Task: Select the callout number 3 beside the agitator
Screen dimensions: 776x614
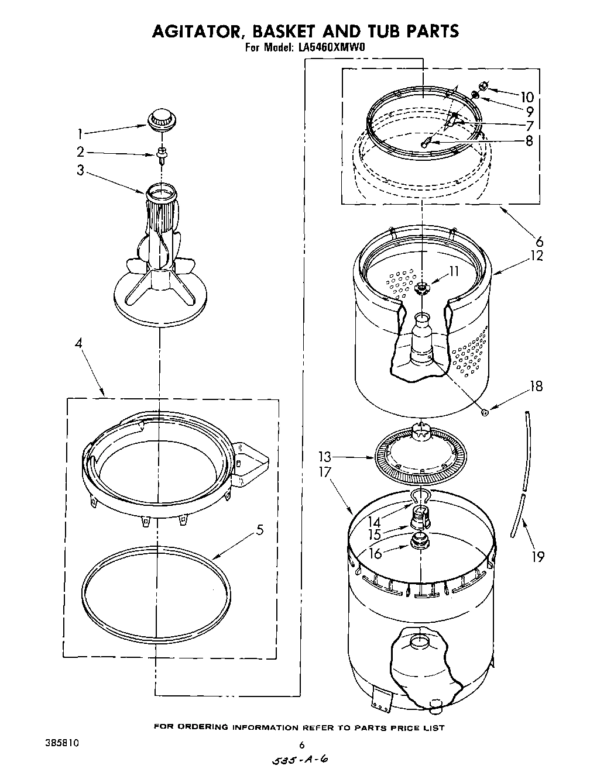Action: pos(80,171)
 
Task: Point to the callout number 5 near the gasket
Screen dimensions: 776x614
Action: pos(259,530)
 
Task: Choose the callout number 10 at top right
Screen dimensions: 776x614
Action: pos(527,97)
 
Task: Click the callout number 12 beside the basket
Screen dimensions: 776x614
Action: pos(536,256)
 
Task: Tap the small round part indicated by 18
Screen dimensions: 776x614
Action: pos(485,412)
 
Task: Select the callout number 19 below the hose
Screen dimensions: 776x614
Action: pos(536,556)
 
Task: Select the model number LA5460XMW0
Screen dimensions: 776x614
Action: pos(332,49)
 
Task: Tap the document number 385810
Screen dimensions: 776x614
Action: pos(61,743)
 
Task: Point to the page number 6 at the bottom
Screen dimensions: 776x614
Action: pos(301,745)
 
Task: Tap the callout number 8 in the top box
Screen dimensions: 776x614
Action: pos(529,140)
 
